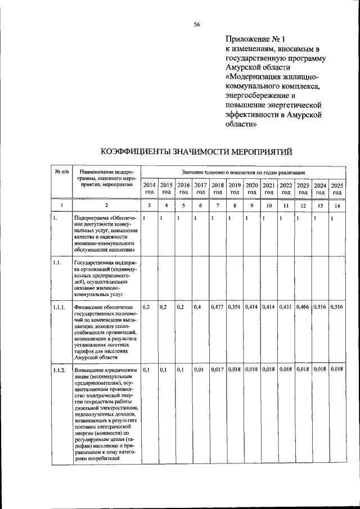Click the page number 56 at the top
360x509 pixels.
197,24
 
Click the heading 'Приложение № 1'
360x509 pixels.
255,39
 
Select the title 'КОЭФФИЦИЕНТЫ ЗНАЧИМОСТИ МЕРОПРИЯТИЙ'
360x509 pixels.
197,152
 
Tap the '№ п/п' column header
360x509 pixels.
61,171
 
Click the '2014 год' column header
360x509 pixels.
149,188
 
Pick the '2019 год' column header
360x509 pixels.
235,188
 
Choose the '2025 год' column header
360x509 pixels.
337,188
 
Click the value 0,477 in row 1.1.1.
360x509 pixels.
218,307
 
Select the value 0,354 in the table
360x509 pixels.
235,307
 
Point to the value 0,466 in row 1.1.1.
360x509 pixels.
303,307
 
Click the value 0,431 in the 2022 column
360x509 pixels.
286,307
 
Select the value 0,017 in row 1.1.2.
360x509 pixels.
218,370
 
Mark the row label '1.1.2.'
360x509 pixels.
60,370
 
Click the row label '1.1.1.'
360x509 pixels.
60,307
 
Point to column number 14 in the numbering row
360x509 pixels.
337,206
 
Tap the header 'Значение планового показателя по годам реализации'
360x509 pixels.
243,170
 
